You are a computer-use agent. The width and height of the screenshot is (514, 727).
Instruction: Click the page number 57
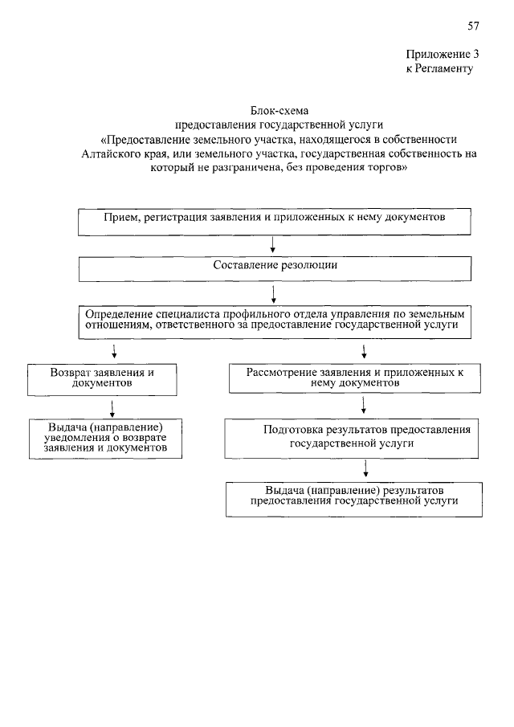(473, 26)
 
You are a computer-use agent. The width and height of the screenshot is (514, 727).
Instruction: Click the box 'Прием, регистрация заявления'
(274, 221)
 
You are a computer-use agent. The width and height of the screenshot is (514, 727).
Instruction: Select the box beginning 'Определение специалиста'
(274, 321)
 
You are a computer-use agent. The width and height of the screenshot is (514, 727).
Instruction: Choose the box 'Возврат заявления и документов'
(101, 379)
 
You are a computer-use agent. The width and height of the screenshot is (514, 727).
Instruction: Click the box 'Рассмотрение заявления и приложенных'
(355, 379)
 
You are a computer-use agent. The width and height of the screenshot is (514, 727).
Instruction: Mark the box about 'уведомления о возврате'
(104, 438)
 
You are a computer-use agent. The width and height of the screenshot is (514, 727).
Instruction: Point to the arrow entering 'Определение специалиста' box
(275, 295)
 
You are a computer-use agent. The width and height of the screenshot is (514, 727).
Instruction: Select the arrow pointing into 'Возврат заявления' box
(115, 351)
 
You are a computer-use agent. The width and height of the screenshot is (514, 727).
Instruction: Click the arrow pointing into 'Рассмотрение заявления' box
(365, 351)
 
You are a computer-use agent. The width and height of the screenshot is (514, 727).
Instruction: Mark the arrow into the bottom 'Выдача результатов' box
(366, 468)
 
